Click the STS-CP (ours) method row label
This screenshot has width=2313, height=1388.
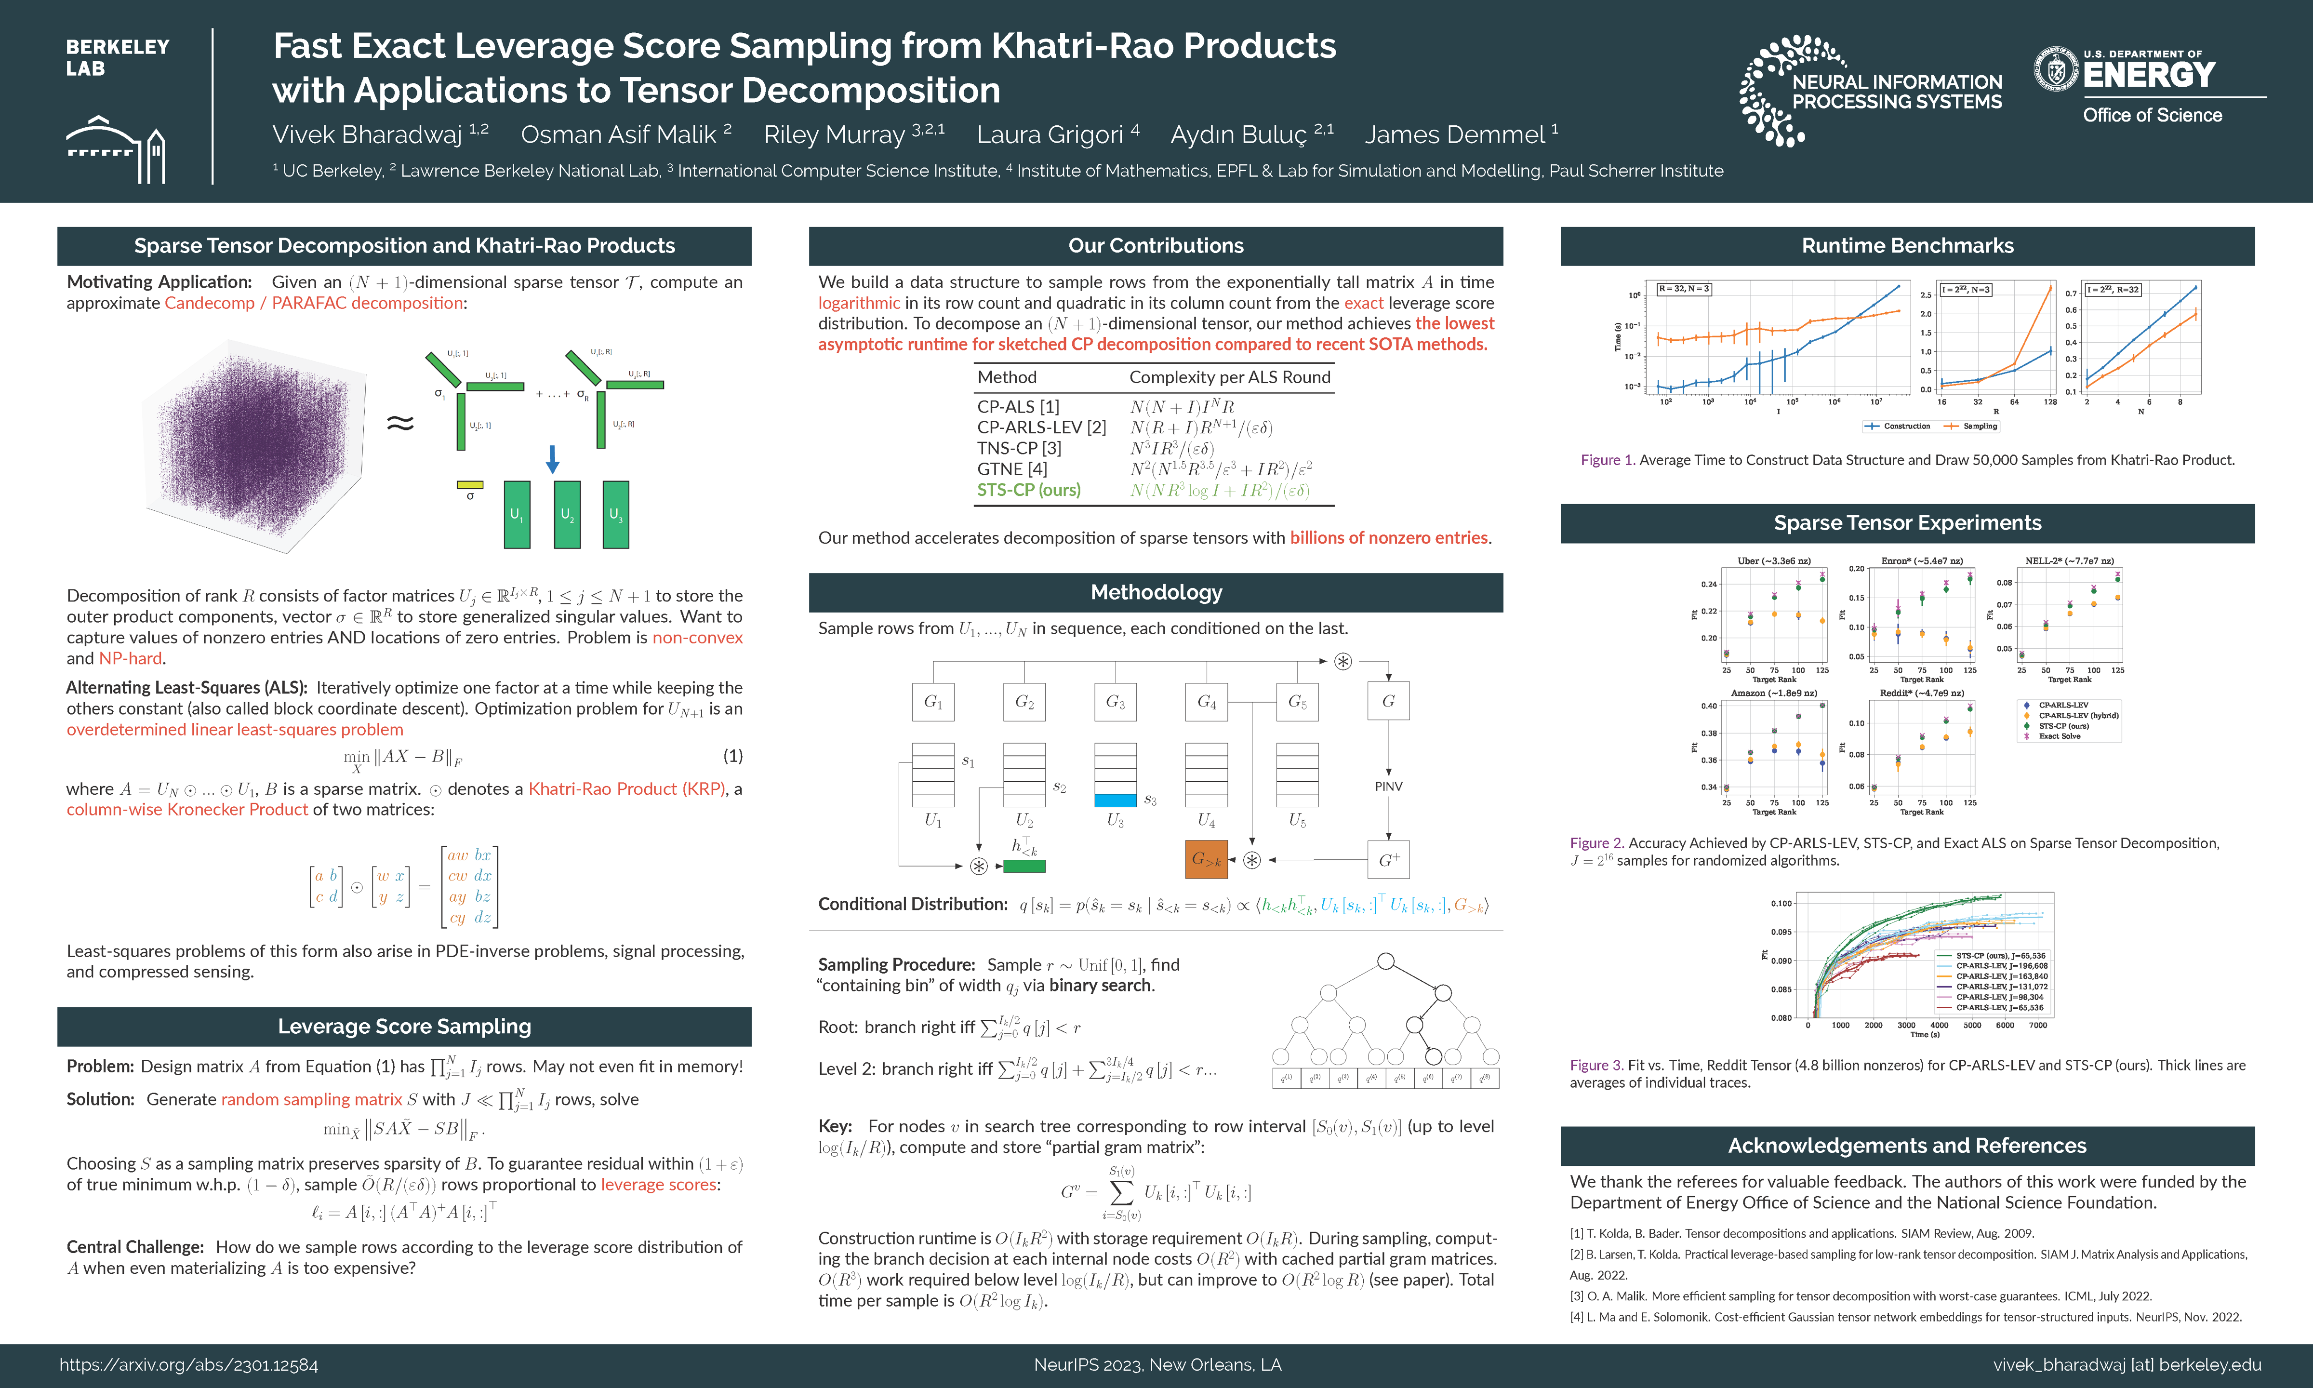[1028, 490]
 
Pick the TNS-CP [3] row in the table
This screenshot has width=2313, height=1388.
[1019, 448]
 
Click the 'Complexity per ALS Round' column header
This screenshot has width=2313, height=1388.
[1229, 377]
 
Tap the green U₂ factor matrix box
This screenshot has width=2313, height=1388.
[567, 514]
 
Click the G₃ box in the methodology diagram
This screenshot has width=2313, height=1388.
[1116, 702]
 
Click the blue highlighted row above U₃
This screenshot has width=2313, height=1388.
[1116, 800]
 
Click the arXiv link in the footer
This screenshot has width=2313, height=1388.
[189, 1364]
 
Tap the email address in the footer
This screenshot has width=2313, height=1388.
[2127, 1364]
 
